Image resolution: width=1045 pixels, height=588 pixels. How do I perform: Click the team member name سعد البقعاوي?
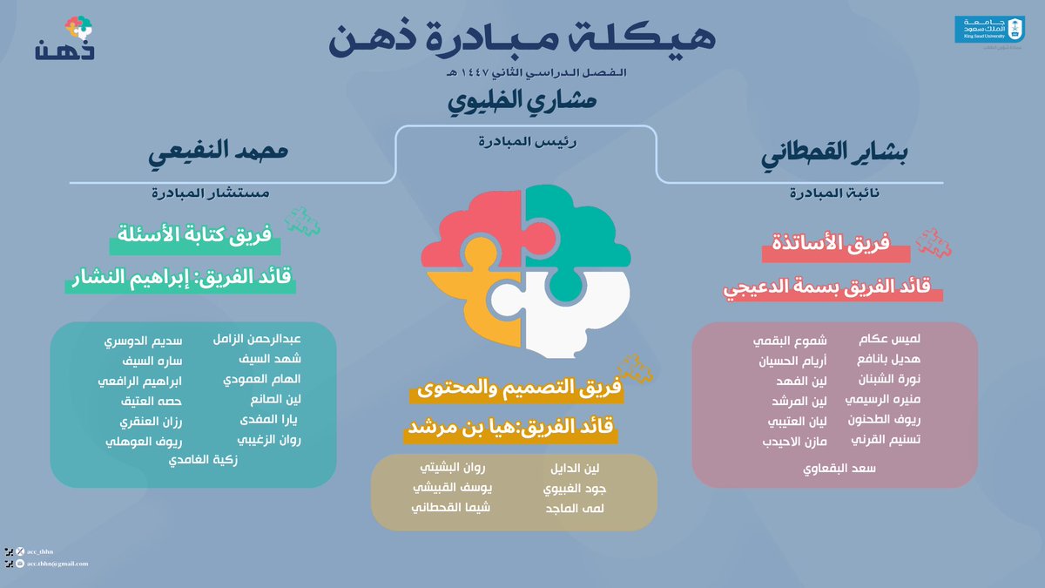[x=839, y=468]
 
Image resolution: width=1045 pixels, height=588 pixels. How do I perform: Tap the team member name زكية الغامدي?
[x=203, y=459]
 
